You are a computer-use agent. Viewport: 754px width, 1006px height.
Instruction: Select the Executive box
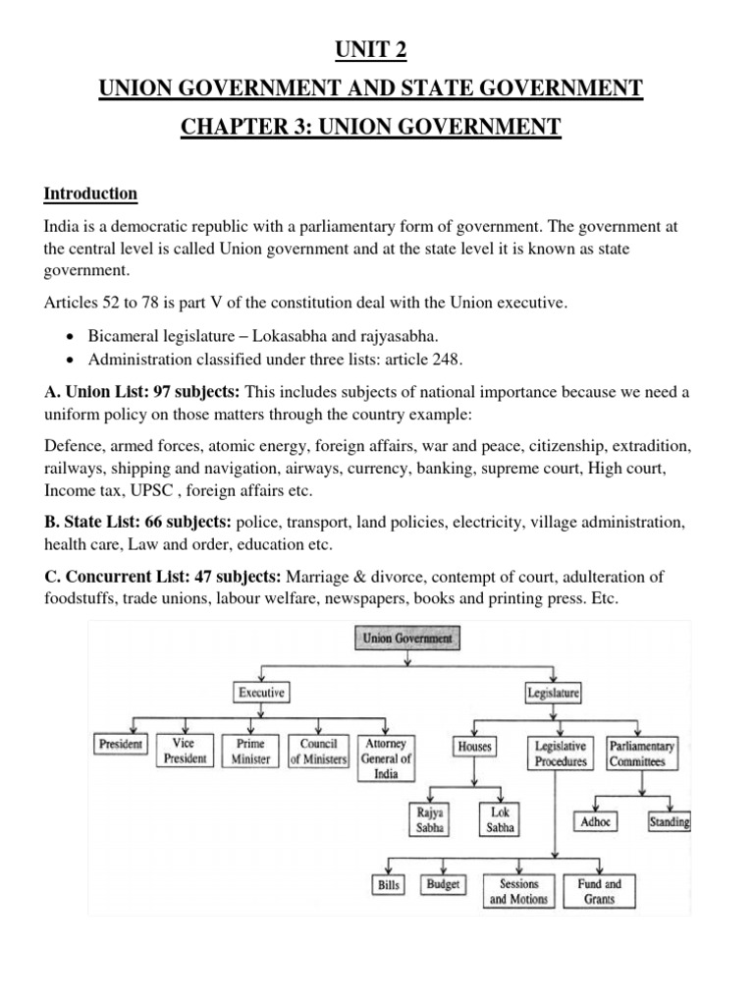260,693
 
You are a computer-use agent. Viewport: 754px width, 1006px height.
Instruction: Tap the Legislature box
555,693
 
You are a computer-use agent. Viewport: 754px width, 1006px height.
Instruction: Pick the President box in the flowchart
120,746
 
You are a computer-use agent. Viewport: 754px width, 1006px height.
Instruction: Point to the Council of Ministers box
318,752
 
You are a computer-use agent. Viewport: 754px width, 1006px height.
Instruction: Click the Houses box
474,747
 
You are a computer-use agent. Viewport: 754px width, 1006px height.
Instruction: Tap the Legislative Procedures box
561,754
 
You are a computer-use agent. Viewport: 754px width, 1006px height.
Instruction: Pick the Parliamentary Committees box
641,754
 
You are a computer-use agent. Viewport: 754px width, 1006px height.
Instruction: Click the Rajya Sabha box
430,820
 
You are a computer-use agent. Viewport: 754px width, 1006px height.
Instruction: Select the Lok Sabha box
500,820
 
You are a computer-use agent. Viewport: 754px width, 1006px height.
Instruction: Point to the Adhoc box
596,820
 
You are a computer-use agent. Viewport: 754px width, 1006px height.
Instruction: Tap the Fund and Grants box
599,891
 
